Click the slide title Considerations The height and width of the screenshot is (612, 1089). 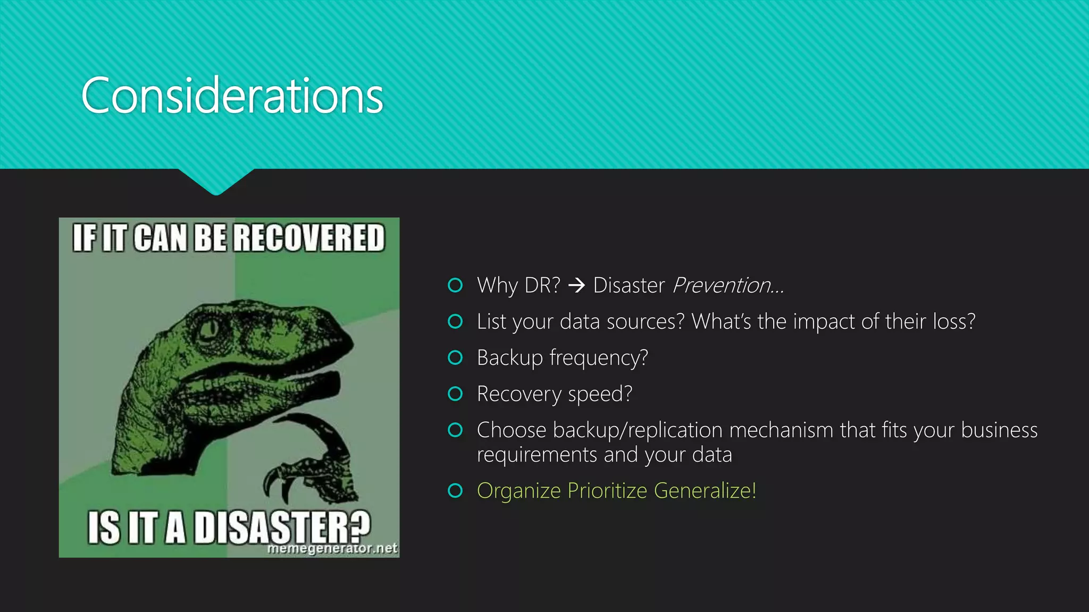[232, 96]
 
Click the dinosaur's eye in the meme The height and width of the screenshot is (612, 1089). [208, 329]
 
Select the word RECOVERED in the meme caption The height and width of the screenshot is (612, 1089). [308, 237]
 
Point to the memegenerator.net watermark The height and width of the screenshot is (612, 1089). [332, 548]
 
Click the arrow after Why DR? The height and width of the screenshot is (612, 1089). [576, 286]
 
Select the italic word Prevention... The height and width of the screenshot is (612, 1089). [722, 286]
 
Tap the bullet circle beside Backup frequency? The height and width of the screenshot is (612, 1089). [455, 358]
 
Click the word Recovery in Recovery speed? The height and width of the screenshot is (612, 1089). [519, 394]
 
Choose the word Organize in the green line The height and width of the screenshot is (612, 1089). [518, 491]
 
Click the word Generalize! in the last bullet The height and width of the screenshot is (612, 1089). [705, 491]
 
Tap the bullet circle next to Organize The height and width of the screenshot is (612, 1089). [455, 490]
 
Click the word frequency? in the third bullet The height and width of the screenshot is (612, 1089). [598, 358]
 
